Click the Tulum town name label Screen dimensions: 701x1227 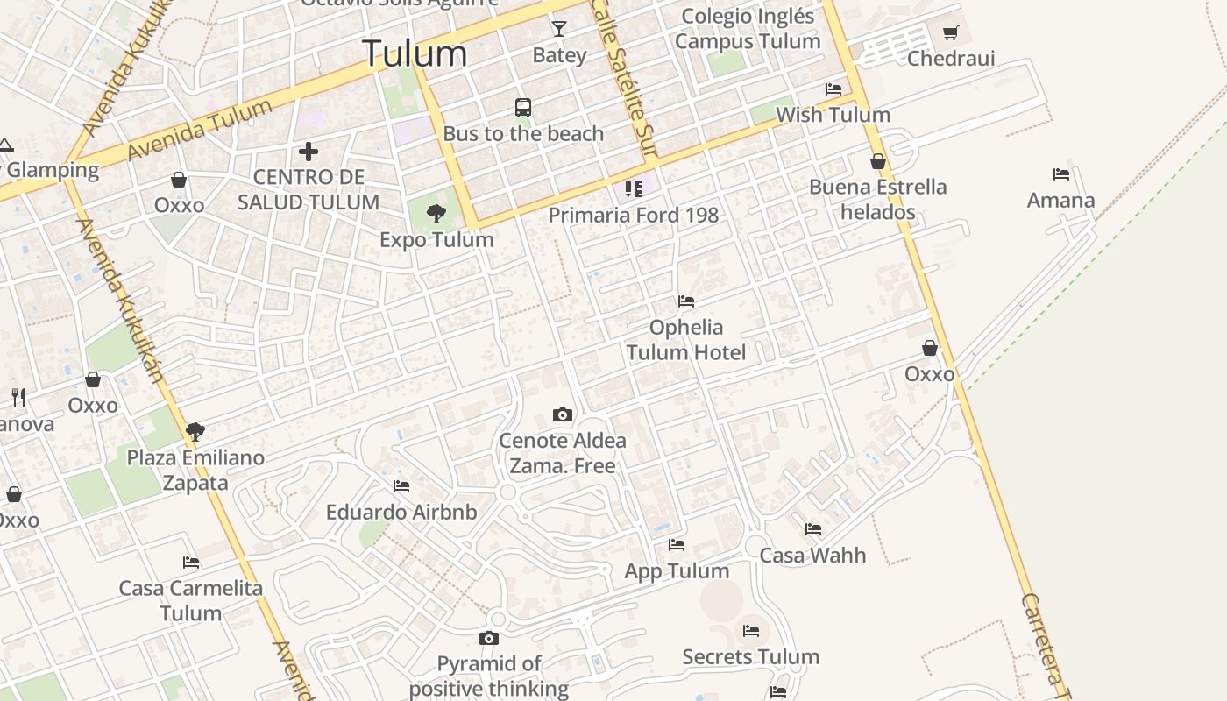(415, 53)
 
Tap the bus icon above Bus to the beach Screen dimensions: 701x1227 (523, 108)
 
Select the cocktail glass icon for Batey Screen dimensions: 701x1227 (559, 30)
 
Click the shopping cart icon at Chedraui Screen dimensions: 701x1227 (951, 33)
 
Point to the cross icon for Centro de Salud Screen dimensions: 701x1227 (309, 152)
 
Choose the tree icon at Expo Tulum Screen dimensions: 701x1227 (436, 213)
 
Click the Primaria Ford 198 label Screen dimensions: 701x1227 (633, 215)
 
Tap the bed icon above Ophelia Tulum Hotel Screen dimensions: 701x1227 (686, 301)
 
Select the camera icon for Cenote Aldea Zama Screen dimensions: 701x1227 (563, 414)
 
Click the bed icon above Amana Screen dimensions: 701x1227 (1061, 174)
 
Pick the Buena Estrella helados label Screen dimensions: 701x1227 (877, 199)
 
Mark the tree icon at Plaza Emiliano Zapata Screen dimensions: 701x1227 (195, 431)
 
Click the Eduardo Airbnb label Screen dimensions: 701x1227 (401, 512)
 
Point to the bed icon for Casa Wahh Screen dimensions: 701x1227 (813, 529)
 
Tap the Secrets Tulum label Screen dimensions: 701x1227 (751, 656)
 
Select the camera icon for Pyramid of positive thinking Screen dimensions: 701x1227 (489, 638)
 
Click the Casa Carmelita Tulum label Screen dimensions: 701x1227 (191, 600)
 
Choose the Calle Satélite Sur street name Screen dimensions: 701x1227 (623, 79)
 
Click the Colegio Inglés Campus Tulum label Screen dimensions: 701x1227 (748, 28)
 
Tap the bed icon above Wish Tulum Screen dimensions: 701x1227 (833, 89)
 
